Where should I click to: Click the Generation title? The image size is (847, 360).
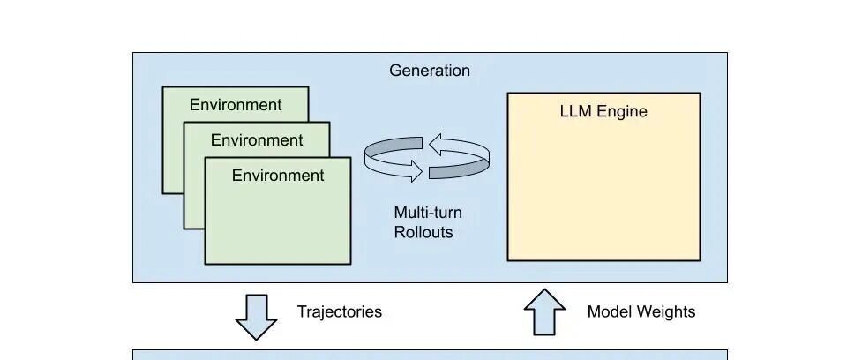pyautogui.click(x=430, y=71)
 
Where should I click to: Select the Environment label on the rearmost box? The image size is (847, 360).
pyautogui.click(x=236, y=105)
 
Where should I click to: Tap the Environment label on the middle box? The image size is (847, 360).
pyautogui.click(x=257, y=140)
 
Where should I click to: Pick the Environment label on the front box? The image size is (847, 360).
pyautogui.click(x=278, y=175)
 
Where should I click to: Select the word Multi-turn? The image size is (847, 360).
pyautogui.click(x=428, y=213)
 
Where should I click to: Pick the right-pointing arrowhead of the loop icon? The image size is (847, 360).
pyautogui.click(x=415, y=171)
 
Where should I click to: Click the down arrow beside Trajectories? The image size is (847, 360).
pyautogui.click(x=256, y=318)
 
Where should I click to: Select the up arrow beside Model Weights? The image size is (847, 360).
pyautogui.click(x=544, y=311)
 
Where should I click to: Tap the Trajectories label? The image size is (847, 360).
pyautogui.click(x=339, y=311)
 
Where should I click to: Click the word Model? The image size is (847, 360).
pyautogui.click(x=609, y=311)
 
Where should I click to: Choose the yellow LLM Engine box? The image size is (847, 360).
pyautogui.click(x=603, y=176)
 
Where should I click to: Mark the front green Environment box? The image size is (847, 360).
pyautogui.click(x=278, y=211)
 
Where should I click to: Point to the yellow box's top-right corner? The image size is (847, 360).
pyautogui.click(x=700, y=93)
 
